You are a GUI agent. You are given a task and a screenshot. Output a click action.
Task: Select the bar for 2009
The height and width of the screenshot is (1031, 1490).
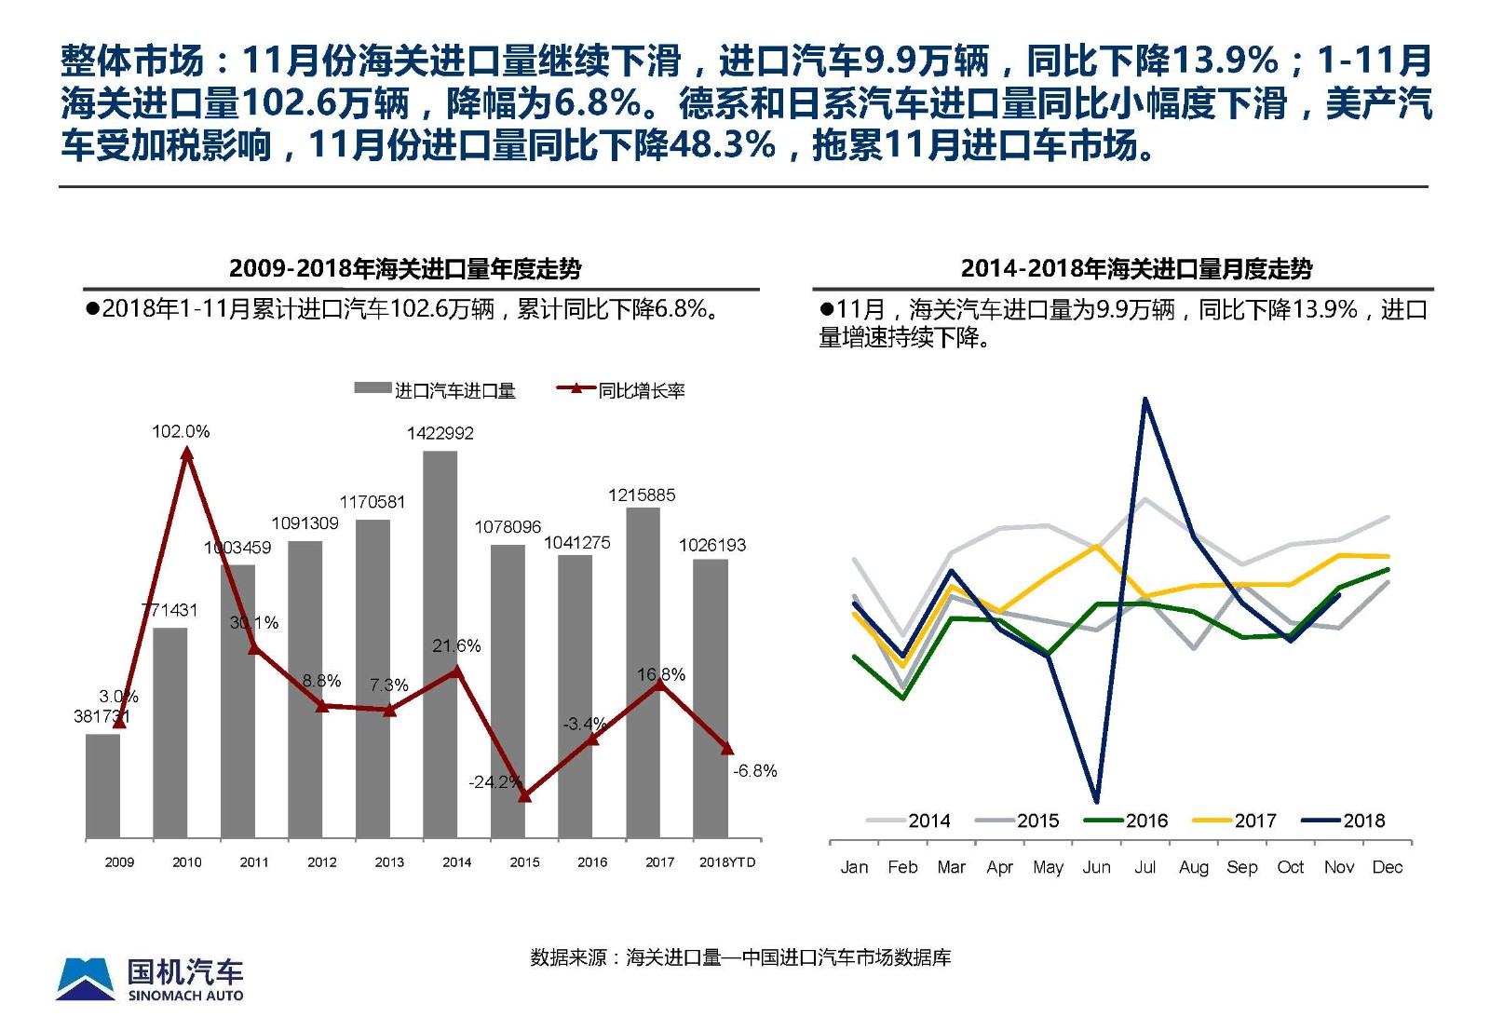coord(102,786)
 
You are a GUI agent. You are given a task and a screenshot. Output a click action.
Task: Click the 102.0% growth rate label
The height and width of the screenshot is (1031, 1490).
coord(181,431)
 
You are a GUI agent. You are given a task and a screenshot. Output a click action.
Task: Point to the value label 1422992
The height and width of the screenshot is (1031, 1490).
coord(440,433)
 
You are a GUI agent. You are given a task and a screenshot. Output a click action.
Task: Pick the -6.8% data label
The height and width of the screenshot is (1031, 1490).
coord(754,770)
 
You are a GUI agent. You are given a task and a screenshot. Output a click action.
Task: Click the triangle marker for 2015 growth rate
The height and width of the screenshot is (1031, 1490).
coord(524,795)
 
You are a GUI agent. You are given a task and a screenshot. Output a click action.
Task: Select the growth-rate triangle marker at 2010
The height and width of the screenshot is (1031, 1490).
coord(187,454)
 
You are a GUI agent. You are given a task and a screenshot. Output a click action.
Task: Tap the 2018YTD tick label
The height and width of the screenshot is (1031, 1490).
coord(727,862)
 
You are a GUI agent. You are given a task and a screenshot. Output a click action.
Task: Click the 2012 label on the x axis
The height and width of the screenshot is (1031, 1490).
coord(321,862)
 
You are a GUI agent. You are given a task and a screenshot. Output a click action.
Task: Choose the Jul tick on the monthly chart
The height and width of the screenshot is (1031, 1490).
coord(1145,867)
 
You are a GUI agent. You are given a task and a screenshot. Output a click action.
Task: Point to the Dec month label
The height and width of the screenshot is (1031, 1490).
coord(1387,867)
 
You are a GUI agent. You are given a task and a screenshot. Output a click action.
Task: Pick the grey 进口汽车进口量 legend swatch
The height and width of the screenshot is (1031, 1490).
coord(372,388)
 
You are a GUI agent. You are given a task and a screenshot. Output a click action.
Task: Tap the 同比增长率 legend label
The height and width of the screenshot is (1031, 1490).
coord(642,391)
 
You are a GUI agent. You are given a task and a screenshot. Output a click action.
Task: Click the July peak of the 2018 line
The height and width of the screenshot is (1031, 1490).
coord(1145,400)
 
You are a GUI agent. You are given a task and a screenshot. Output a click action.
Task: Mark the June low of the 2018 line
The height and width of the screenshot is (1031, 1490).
coord(1096,800)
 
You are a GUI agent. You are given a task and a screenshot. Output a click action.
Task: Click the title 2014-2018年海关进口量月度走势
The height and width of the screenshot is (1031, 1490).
coord(1136,269)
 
